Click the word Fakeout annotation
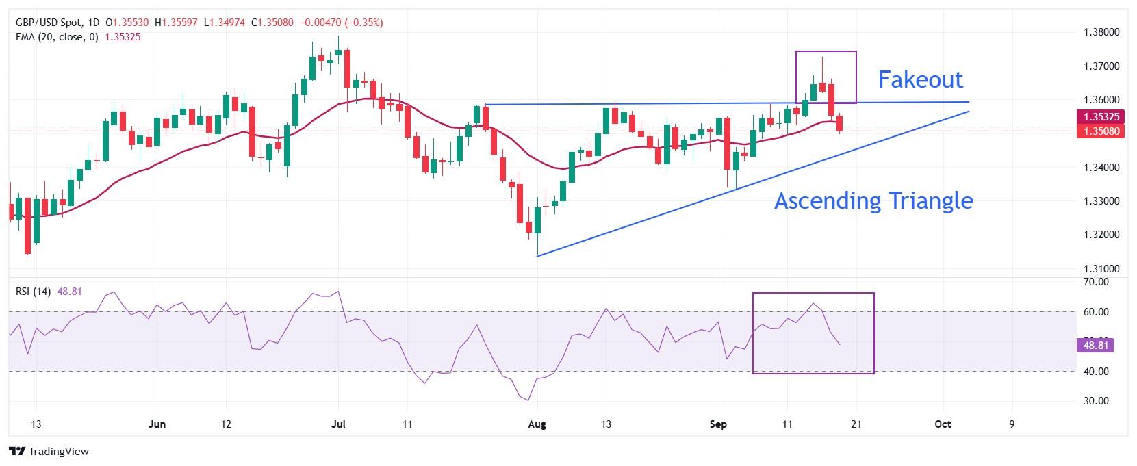[x=920, y=79]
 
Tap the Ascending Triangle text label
[x=873, y=200]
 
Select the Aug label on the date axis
[x=537, y=424]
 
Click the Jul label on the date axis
[x=338, y=424]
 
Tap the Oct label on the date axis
[x=943, y=424]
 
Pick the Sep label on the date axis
[x=718, y=424]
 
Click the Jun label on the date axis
[x=157, y=424]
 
